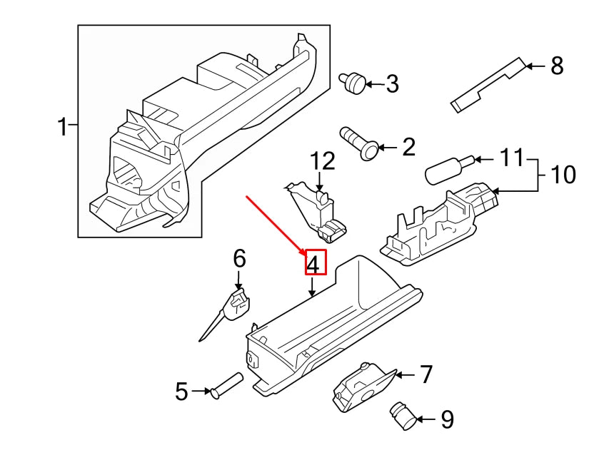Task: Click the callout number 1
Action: [x=62, y=128]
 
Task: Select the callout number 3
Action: [x=392, y=84]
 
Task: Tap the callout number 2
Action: [x=408, y=148]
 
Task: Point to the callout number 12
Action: [x=323, y=161]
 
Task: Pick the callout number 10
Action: [x=563, y=173]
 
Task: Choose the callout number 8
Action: [x=557, y=66]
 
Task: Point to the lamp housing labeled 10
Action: [x=437, y=224]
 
